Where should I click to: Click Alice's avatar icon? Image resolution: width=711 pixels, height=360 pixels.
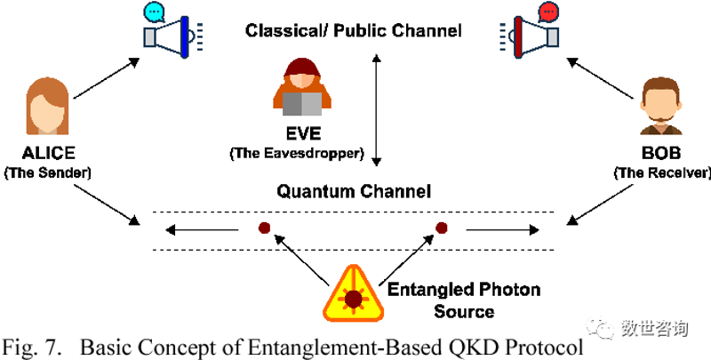click(48, 106)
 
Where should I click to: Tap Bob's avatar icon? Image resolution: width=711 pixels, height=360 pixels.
click(661, 106)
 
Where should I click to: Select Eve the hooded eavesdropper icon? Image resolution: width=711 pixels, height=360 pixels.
click(302, 86)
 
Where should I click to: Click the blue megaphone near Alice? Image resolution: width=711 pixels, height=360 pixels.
click(173, 36)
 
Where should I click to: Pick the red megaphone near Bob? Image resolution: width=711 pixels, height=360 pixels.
click(529, 36)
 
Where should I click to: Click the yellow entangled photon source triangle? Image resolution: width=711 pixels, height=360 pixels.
click(353, 294)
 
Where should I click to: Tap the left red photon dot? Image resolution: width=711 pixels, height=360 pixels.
click(264, 228)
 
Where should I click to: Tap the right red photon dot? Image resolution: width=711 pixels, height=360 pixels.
click(441, 228)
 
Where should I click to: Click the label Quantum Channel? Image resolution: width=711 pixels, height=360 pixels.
click(354, 191)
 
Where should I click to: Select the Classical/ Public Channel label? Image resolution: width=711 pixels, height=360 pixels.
click(354, 31)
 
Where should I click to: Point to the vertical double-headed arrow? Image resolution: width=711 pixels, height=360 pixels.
click(376, 109)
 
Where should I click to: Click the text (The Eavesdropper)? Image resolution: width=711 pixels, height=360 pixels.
click(297, 153)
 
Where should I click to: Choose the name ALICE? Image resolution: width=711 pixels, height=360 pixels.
click(49, 153)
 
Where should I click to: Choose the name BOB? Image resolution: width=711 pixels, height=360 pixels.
click(661, 153)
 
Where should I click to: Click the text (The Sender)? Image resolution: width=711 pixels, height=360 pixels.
click(48, 172)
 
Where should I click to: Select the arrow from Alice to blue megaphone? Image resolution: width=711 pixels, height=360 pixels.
click(106, 77)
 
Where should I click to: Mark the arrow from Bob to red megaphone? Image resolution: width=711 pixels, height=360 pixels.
click(600, 77)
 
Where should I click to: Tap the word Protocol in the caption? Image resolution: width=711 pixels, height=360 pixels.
click(544, 348)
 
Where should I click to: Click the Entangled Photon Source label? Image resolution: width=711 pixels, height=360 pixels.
click(463, 300)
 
